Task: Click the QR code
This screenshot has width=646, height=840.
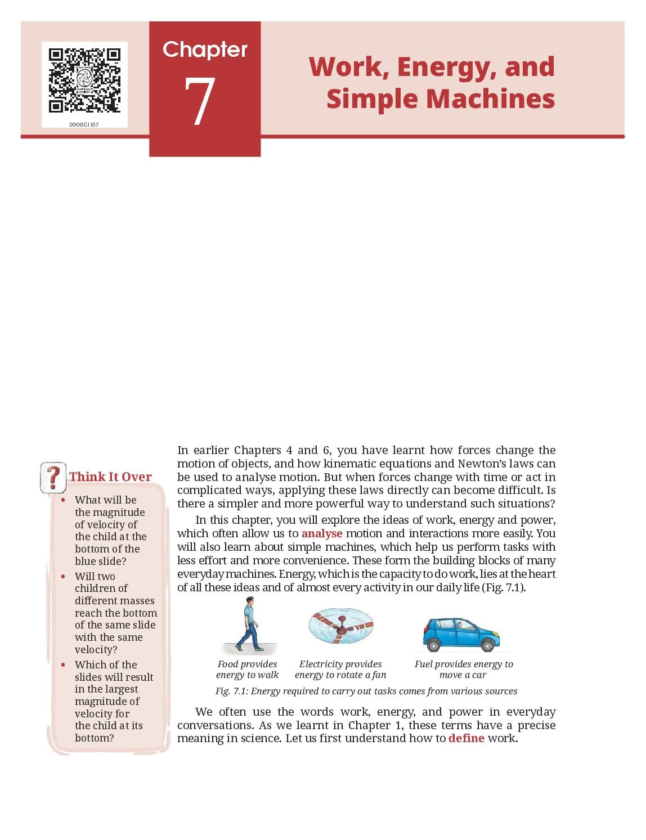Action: pyautogui.click(x=84, y=80)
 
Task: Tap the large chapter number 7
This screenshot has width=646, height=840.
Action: pyautogui.click(x=199, y=101)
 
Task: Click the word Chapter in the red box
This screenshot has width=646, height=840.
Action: pyautogui.click(x=205, y=50)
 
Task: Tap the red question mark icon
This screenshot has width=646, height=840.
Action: pyautogui.click(x=53, y=478)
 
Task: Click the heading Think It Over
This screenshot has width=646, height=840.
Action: pyautogui.click(x=110, y=476)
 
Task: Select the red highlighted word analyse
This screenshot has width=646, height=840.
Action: pyautogui.click(x=322, y=533)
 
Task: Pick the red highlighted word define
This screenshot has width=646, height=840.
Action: pyautogui.click(x=466, y=738)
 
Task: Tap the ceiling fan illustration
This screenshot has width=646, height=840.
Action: pyautogui.click(x=340, y=626)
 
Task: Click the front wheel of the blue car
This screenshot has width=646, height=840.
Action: pyautogui.click(x=487, y=645)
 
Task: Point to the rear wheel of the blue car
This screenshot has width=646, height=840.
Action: pyautogui.click(x=433, y=645)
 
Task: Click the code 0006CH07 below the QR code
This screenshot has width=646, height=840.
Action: pyautogui.click(x=84, y=124)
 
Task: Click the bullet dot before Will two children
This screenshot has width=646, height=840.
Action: pyautogui.click(x=63, y=576)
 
